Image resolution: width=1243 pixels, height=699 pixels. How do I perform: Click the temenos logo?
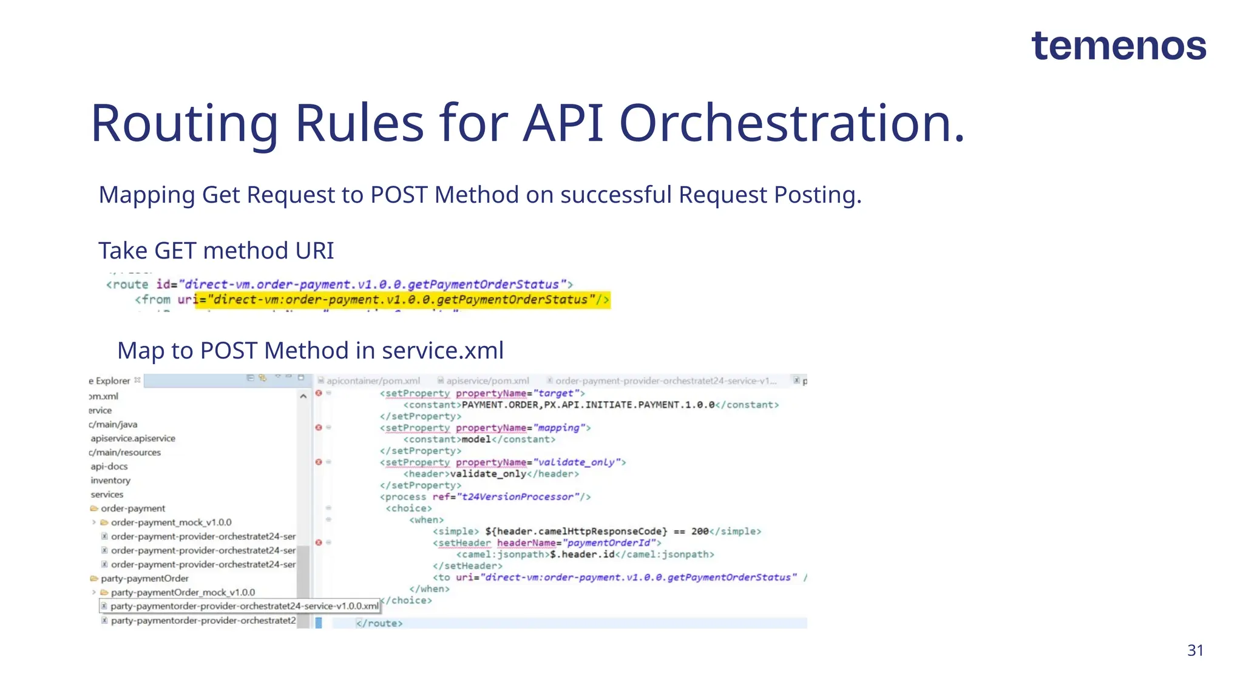(x=1118, y=46)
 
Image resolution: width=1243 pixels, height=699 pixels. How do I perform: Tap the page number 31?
(x=1194, y=650)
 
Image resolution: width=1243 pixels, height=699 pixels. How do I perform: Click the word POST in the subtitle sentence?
(x=399, y=195)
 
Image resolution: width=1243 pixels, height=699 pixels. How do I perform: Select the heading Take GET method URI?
(x=216, y=251)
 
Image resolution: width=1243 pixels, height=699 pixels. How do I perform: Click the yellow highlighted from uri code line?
(x=402, y=300)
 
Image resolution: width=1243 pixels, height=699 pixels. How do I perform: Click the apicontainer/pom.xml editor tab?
(x=373, y=381)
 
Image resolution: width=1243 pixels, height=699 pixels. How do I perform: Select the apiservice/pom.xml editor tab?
(x=487, y=381)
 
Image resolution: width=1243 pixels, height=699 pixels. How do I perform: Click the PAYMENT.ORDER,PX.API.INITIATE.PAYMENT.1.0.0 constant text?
(x=588, y=405)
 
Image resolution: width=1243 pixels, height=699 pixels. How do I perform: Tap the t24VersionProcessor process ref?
(x=517, y=497)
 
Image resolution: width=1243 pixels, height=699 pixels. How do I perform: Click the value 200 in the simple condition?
(x=699, y=532)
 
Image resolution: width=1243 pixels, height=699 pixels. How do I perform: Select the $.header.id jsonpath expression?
(x=582, y=555)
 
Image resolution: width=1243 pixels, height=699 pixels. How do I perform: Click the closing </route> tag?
(x=379, y=623)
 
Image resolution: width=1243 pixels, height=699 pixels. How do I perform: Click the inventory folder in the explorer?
(x=110, y=481)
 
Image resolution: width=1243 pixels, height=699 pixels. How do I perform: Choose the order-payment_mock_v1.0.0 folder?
(x=171, y=522)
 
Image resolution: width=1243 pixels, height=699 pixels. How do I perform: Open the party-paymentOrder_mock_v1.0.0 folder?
(x=182, y=592)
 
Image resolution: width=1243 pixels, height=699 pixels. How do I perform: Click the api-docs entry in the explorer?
(x=109, y=467)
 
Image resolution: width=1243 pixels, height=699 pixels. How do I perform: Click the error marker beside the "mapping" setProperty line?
(x=319, y=428)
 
